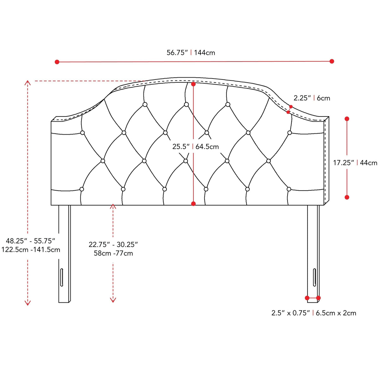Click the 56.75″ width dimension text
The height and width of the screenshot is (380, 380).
pyautogui.click(x=177, y=53)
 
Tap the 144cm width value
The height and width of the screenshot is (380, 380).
pyautogui.click(x=205, y=53)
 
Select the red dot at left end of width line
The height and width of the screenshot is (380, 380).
pyautogui.click(x=57, y=62)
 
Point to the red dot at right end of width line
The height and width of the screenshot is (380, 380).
pyautogui.click(x=332, y=61)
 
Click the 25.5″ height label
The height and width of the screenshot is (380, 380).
pyautogui.click(x=181, y=147)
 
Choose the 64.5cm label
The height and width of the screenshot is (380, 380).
pyautogui.click(x=207, y=147)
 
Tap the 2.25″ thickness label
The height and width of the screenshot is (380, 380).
pyautogui.click(x=302, y=98)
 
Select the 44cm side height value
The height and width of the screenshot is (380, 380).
pyautogui.click(x=369, y=163)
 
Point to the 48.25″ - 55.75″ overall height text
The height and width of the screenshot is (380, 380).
pyautogui.click(x=30, y=241)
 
